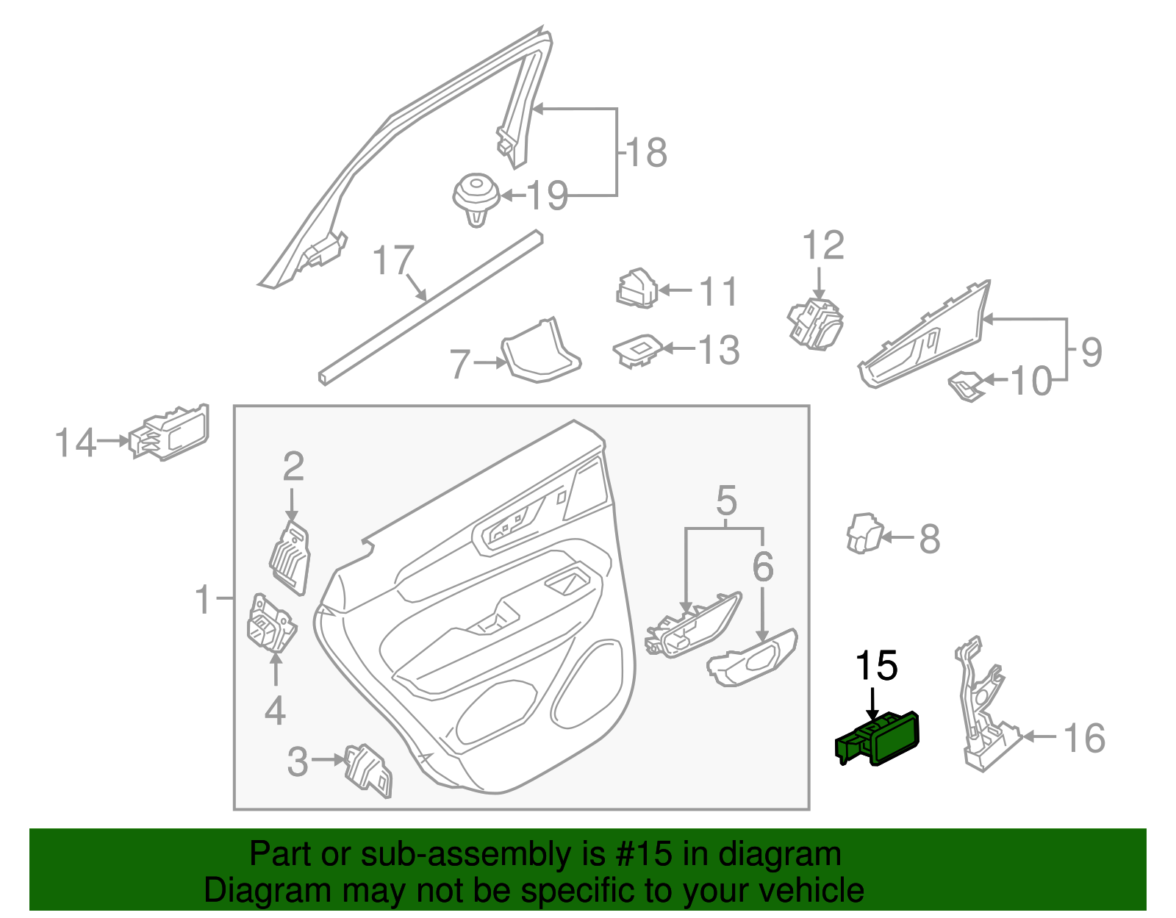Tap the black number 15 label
876,666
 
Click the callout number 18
646,153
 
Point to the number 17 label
393,261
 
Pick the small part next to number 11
636,289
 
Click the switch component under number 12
815,324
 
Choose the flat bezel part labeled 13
637,351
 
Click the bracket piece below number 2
291,556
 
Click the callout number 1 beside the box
204,600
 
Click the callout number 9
1091,351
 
